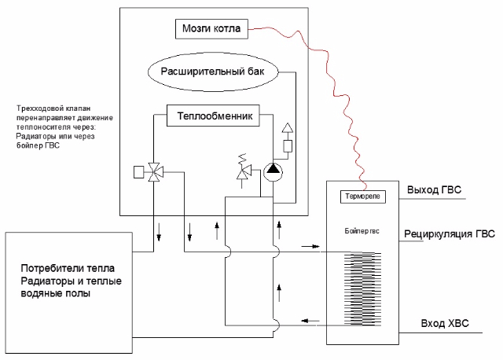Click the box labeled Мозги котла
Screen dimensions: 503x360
pyautogui.click(x=211, y=29)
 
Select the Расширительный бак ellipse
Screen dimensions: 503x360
pyautogui.click(x=213, y=72)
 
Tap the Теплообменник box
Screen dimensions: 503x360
pyautogui.click(x=213, y=116)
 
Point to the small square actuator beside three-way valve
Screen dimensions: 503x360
pyautogui.click(x=138, y=172)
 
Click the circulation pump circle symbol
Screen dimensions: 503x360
pyautogui.click(x=274, y=171)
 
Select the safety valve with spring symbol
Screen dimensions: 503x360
pyautogui.click(x=243, y=171)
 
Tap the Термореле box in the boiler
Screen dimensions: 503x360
pyautogui.click(x=363, y=197)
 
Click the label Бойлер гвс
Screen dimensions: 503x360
pyautogui.click(x=362, y=231)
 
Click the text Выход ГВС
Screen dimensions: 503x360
pyautogui.click(x=434, y=190)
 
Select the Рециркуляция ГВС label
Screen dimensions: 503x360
pyautogui.click(x=450, y=234)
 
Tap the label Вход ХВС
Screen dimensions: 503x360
pyautogui.click(x=445, y=323)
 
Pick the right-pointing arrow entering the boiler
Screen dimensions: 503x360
pyautogui.click(x=310, y=246)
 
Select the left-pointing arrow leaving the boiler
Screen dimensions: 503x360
pyautogui.click(x=310, y=321)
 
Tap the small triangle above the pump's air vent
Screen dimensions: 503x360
pyautogui.click(x=288, y=127)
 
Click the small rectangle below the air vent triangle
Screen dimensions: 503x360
pyautogui.click(x=288, y=146)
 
